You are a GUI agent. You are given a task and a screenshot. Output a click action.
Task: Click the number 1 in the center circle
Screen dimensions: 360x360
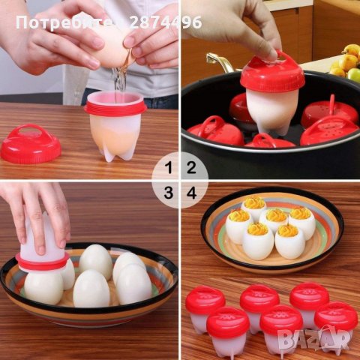coord(169,167)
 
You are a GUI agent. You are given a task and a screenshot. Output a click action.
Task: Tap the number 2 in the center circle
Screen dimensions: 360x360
coord(191,167)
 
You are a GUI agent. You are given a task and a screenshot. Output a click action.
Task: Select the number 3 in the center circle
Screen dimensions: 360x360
coord(169,193)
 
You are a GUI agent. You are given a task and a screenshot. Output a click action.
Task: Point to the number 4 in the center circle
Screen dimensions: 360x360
coord(191,193)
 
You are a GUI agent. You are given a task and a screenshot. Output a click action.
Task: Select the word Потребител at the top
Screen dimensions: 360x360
coord(60,22)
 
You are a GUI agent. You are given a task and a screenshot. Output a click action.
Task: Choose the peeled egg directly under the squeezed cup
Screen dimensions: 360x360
coord(43,287)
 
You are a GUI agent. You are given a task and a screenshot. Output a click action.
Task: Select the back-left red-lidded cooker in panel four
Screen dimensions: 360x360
coord(205,307)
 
